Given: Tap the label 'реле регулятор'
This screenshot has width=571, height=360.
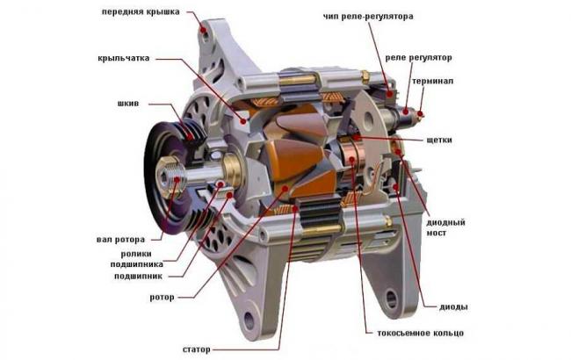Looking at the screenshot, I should [x=419, y=57].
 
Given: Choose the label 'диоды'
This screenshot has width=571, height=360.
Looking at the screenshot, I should [x=454, y=306].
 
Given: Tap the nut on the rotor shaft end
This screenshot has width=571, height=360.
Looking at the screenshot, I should [x=171, y=183].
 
